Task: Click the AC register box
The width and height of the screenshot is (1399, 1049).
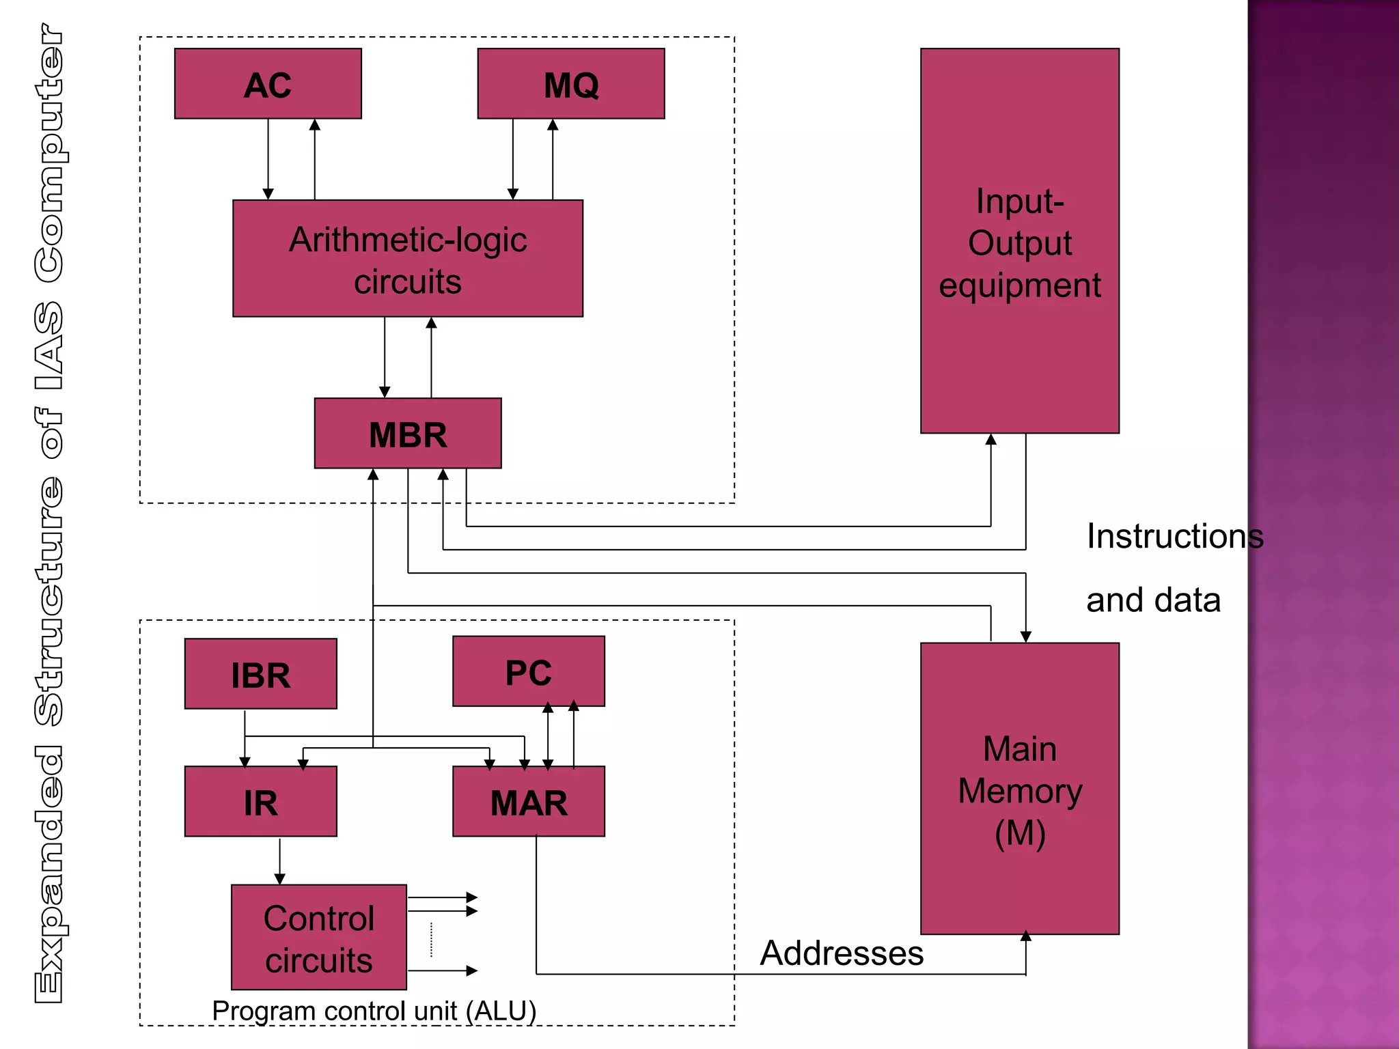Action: (268, 84)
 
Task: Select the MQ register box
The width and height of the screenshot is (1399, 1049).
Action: (571, 84)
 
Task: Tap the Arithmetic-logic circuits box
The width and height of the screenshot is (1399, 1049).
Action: (408, 259)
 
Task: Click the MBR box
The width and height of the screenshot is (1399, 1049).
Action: (408, 434)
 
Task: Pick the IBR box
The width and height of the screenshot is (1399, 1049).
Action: (260, 674)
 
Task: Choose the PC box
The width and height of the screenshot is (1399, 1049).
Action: (528, 671)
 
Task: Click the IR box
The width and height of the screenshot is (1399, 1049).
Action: (260, 802)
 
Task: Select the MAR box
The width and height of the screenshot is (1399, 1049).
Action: (528, 802)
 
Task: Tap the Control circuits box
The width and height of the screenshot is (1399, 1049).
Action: (318, 938)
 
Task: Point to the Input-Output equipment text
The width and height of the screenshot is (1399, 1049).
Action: (1019, 242)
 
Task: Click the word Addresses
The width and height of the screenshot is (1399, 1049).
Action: (842, 953)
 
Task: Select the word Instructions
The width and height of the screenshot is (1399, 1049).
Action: (1174, 536)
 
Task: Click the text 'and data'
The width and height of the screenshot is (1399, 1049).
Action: (1153, 600)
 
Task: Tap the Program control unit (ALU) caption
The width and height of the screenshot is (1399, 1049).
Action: (374, 1011)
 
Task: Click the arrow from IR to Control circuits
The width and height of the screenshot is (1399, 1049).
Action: (279, 861)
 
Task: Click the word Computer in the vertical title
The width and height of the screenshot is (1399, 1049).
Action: (50, 154)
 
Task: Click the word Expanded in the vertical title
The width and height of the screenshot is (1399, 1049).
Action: (50, 874)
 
